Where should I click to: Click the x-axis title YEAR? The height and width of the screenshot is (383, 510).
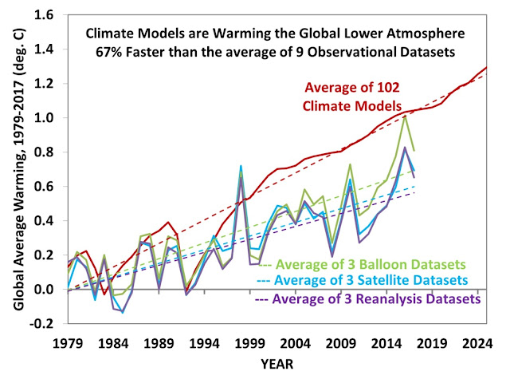coord(275,365)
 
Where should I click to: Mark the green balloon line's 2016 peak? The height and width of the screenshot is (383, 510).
coord(406,116)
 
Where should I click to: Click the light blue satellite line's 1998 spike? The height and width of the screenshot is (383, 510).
coord(241,167)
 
